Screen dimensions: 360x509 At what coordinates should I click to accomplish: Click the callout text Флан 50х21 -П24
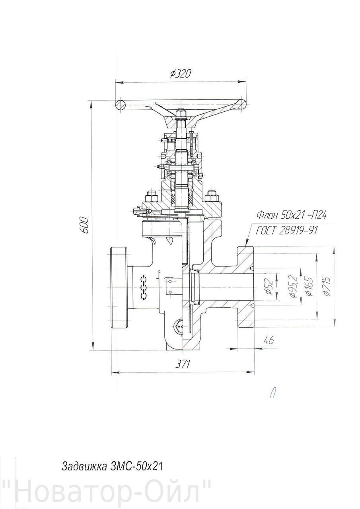pos(292,215)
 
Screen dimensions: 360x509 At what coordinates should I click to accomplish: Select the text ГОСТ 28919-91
pos(286,231)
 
